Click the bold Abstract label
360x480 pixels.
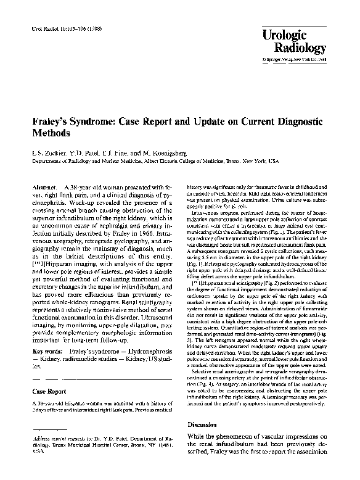pyautogui.click(x=43, y=186)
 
